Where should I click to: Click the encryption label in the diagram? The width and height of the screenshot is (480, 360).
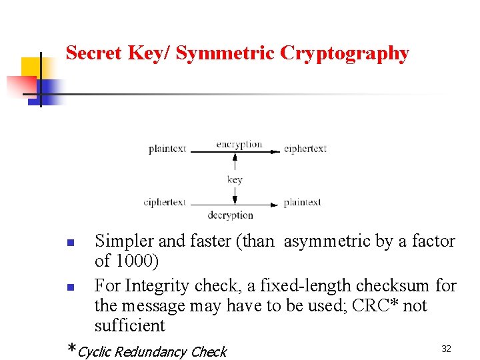click(x=239, y=144)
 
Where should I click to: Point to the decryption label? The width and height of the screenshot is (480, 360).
click(x=231, y=215)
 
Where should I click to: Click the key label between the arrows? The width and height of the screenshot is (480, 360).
click(x=235, y=179)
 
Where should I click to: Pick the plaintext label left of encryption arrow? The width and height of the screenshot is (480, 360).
click(x=167, y=149)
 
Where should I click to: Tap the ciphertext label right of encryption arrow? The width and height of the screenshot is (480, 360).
click(x=305, y=149)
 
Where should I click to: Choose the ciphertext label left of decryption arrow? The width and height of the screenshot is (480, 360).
click(x=165, y=202)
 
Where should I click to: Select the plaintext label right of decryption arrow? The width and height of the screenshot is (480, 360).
click(x=302, y=202)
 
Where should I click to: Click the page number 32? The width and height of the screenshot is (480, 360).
click(x=447, y=349)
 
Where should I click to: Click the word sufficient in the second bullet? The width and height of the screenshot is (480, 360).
click(x=129, y=325)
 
